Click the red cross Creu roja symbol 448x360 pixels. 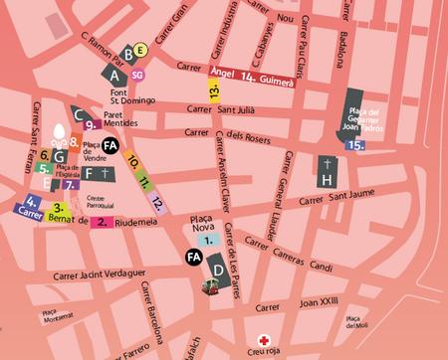264,338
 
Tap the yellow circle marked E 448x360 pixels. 140,50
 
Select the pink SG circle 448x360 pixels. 137,74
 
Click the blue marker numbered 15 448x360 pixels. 355,145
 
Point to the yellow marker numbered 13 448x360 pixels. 214,91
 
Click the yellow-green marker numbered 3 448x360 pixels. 59,210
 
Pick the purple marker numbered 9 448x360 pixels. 90,125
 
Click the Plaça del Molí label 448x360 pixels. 356,320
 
